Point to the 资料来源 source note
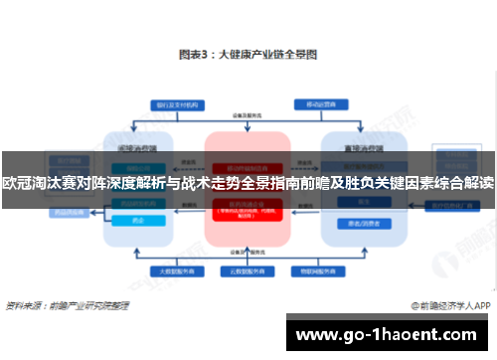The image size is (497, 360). tap(69, 305)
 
